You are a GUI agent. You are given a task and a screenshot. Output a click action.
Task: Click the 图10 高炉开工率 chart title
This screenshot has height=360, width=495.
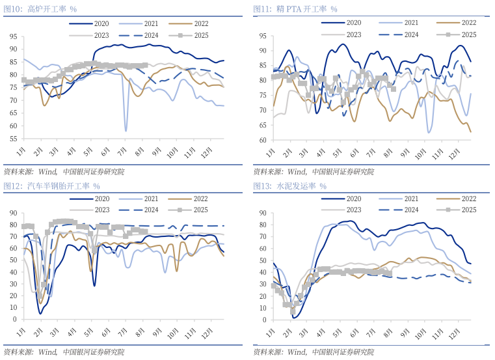pyautogui.click(x=40, y=9)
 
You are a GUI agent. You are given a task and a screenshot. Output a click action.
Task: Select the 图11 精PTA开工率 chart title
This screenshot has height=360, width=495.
pyautogui.click(x=295, y=9)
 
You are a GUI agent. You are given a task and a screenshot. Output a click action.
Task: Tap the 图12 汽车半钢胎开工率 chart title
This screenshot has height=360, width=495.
pyautogui.click(x=51, y=186)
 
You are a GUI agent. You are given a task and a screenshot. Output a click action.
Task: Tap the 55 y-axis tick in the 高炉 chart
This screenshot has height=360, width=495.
pyautogui.click(x=13, y=139)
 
